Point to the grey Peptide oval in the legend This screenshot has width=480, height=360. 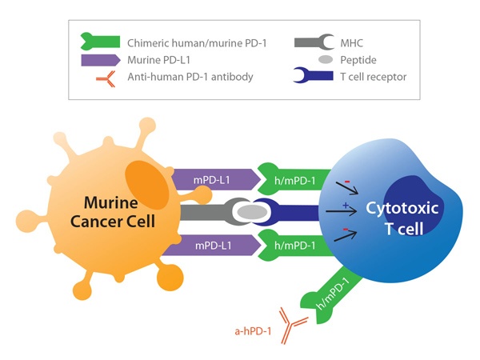[x=325, y=59]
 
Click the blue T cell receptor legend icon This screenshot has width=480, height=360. [x=316, y=78]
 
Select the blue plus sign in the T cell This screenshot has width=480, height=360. [x=344, y=206]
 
